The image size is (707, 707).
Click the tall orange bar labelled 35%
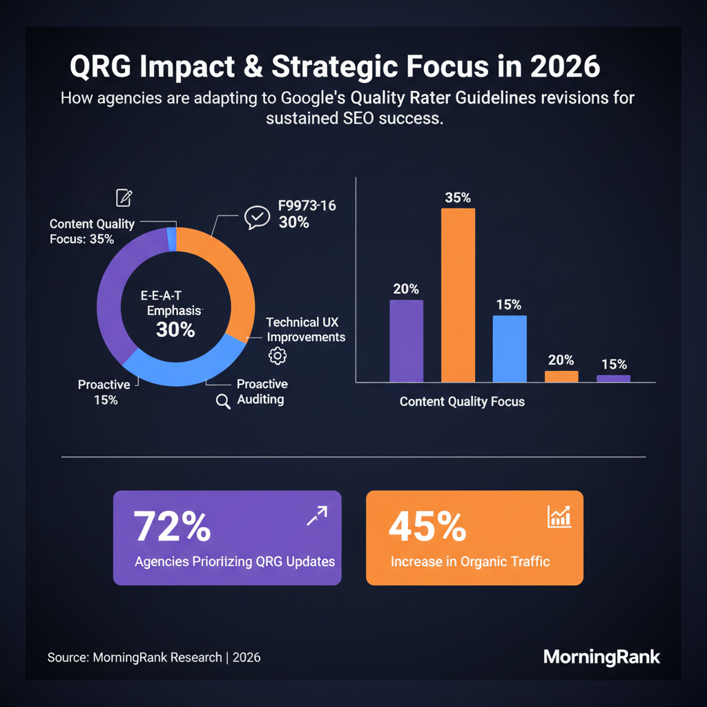(458, 296)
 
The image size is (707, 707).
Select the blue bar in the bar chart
(510, 349)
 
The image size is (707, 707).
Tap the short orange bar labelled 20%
(561, 376)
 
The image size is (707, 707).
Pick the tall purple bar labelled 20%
(406, 341)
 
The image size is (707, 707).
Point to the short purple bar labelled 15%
(613, 379)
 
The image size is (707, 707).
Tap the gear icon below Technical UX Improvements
(278, 356)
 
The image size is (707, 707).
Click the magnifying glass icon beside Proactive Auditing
(223, 401)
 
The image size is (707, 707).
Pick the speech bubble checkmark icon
(257, 217)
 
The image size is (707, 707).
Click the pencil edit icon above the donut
(124, 197)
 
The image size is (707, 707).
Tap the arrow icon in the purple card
(317, 516)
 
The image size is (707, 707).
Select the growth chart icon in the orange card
(559, 516)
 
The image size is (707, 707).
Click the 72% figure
(172, 525)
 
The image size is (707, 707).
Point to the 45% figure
(427, 526)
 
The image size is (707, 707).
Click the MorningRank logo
(601, 657)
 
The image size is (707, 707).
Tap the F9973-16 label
(307, 206)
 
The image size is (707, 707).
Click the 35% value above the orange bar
(458, 197)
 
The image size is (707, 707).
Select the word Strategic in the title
(335, 67)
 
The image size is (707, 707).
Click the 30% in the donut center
(175, 329)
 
